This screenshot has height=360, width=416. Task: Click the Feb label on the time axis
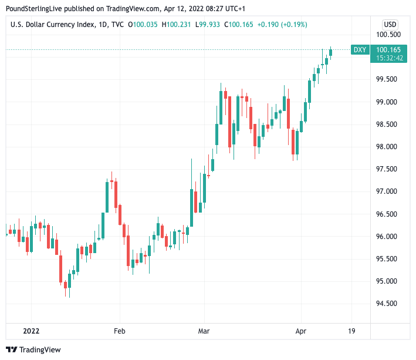[119, 331]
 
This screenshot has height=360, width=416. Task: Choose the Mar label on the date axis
[204, 331]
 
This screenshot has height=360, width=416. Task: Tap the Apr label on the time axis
[301, 331]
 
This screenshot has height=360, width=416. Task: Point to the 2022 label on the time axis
[31, 331]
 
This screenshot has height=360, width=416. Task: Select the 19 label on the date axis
[351, 331]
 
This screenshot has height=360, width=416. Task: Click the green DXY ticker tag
[360, 50]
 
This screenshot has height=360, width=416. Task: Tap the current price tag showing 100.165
[389, 50]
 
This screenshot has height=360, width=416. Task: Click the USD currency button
[390, 25]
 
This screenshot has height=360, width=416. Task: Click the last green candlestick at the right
[331, 53]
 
